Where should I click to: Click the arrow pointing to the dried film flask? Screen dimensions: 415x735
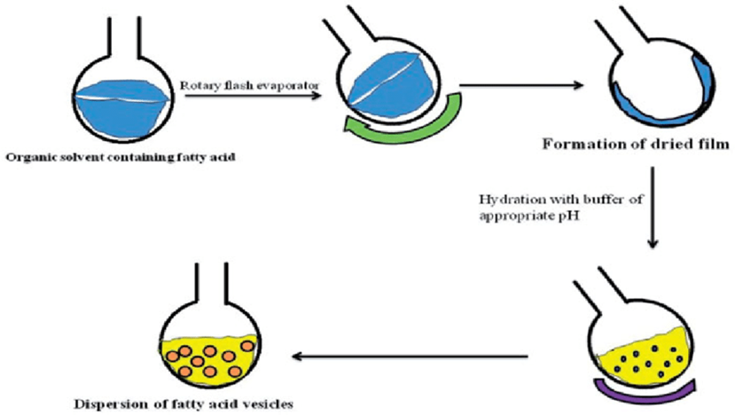click(522, 86)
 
